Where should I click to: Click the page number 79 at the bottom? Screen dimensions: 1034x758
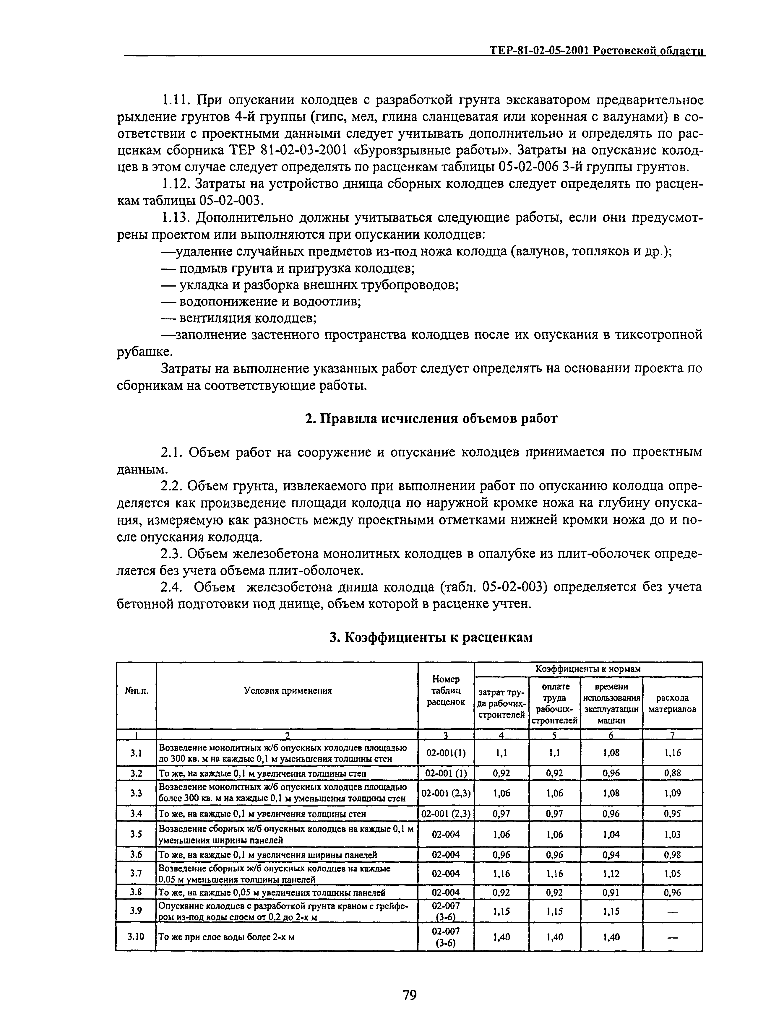click(409, 995)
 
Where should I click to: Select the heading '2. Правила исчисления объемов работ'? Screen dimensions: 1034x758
click(431, 418)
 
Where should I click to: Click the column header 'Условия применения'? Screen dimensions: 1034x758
click(288, 690)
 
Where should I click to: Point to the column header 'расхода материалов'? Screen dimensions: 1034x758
click(672, 703)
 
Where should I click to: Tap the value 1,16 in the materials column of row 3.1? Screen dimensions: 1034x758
click(673, 752)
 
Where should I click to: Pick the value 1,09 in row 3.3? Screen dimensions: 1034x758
click(673, 793)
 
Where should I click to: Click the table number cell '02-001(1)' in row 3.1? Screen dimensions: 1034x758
click(446, 752)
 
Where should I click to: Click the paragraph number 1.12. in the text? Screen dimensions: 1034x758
click(177, 184)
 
